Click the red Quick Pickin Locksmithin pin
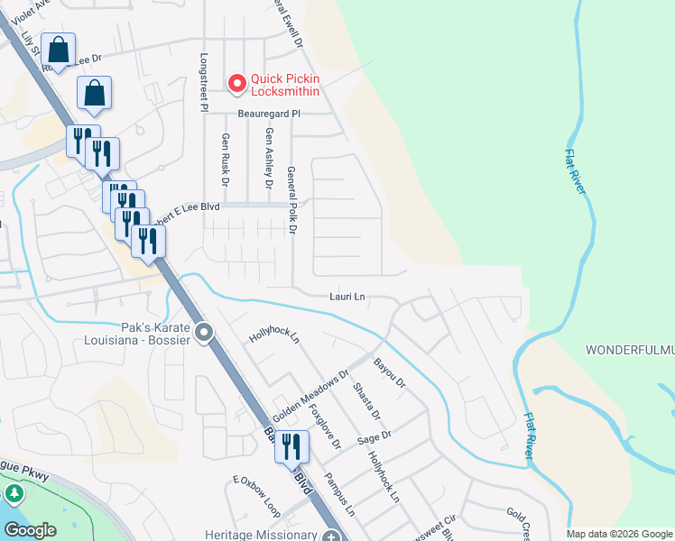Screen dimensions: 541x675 point(237,84)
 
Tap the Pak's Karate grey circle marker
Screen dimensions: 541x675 point(205,334)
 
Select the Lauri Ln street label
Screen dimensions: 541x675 point(347,296)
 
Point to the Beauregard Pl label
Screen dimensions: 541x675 point(268,115)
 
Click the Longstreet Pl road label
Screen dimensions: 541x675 point(203,81)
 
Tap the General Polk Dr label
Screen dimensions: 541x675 point(291,199)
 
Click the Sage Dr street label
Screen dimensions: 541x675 point(374,436)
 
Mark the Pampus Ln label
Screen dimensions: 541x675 point(340,494)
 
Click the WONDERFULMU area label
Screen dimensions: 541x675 point(630,349)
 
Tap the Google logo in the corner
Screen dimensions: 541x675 point(31,530)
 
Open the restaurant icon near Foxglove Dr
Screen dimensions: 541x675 point(291,445)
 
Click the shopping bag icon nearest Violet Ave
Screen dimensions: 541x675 point(58,50)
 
